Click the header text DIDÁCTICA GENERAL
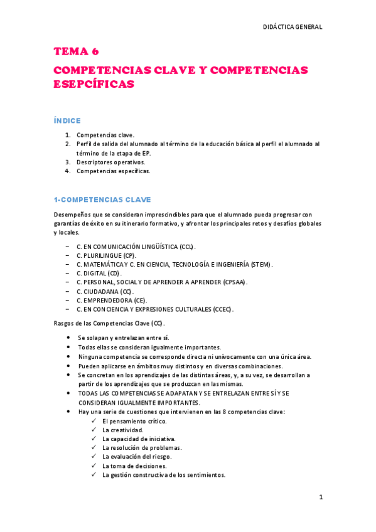point(293,27)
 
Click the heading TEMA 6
point(76,51)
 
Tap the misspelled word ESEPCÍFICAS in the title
point(94,85)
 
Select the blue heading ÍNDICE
point(67,120)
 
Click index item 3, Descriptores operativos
point(110,161)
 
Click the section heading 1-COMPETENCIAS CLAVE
point(102,200)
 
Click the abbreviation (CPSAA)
point(235,282)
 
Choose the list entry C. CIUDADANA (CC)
point(104,292)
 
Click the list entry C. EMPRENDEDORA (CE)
point(112,301)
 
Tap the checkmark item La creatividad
point(122,430)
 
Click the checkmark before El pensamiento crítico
point(94,421)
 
